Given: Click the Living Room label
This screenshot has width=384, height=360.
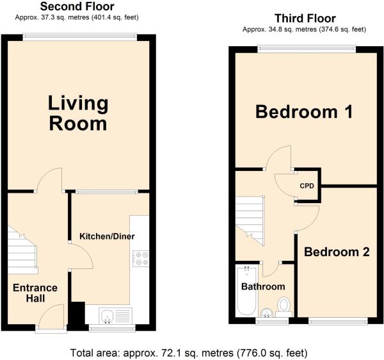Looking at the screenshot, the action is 78,113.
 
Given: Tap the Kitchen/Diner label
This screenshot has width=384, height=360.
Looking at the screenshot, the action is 108,236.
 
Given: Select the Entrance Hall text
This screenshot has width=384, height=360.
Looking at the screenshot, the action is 35,293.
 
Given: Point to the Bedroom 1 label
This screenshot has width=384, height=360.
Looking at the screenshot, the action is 304,111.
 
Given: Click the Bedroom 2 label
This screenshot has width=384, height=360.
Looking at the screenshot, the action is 337,252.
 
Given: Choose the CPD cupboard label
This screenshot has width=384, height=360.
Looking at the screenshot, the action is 307,186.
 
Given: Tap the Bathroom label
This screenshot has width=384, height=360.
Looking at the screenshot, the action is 263,286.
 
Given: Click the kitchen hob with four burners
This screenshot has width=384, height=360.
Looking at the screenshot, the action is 141,258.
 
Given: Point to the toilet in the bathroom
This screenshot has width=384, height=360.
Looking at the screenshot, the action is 284,307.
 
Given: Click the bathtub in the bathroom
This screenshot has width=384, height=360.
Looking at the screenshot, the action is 247,291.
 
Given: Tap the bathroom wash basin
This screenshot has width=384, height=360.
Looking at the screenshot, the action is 266,313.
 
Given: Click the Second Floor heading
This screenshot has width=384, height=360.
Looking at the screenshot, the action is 77,6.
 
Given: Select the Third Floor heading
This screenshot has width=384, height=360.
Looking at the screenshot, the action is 305,19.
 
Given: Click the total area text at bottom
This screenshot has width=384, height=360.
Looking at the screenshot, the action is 189,353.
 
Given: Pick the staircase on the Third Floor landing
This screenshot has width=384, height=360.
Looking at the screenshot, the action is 250,220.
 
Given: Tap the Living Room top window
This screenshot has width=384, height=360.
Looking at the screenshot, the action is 80,37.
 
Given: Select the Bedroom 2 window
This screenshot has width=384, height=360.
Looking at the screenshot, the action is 338,321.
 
